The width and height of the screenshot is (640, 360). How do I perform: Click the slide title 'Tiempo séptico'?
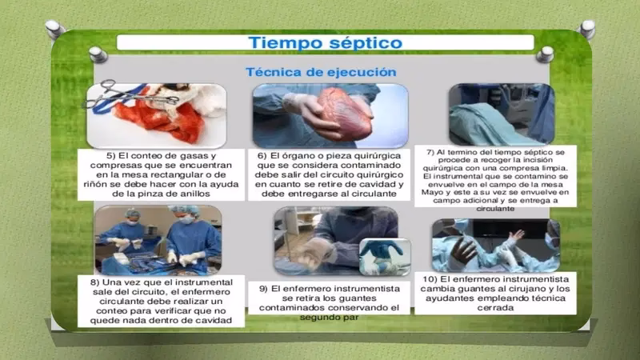(325, 42)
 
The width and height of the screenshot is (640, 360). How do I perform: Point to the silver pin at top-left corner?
(54, 30)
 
